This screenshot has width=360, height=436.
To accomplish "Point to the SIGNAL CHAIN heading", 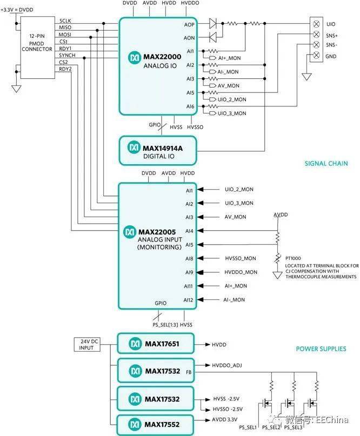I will [x=325, y=164].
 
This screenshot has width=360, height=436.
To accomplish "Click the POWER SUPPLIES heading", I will [x=321, y=349].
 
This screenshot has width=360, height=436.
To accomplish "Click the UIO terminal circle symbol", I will [x=316, y=24].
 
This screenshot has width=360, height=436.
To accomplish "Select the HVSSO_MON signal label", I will [x=241, y=258].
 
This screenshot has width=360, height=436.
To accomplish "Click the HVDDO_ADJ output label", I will [x=227, y=366].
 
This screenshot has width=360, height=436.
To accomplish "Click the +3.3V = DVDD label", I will [x=18, y=8].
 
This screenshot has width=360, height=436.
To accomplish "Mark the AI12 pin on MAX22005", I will [x=189, y=300].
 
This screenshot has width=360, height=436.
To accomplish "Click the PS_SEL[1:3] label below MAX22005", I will [x=159, y=324].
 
